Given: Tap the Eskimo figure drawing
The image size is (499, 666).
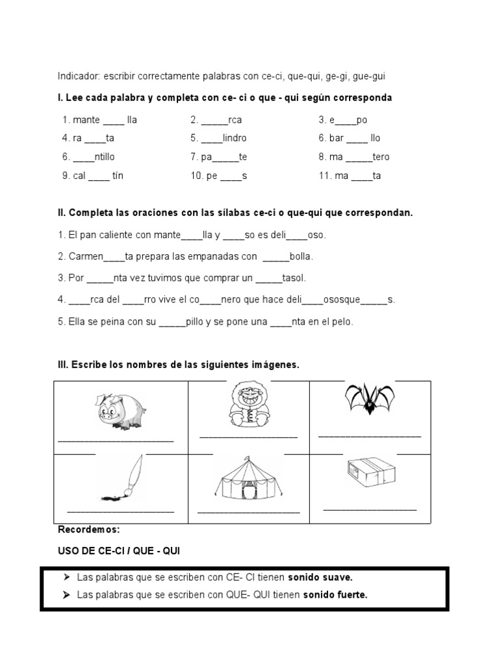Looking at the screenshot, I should pyautogui.click(x=247, y=405).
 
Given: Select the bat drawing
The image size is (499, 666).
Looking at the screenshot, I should pyautogui.click(x=370, y=398).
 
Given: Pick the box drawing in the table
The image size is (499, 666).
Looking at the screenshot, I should pyautogui.click(x=370, y=473).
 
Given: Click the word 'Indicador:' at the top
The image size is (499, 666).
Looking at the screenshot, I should pyautogui.click(x=78, y=77).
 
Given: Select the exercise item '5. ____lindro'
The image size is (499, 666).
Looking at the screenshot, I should pyautogui.click(x=218, y=138).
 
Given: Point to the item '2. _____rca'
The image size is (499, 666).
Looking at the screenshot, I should pyautogui.click(x=216, y=120).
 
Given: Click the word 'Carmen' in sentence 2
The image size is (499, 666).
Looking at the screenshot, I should pyautogui.click(x=86, y=256).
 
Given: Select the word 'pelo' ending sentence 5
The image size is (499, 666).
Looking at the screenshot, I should pyautogui.click(x=343, y=322).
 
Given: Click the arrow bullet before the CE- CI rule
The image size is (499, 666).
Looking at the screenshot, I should pyautogui.click(x=67, y=577).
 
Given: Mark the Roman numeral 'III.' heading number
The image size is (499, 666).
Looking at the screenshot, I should pyautogui.click(x=63, y=366).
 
